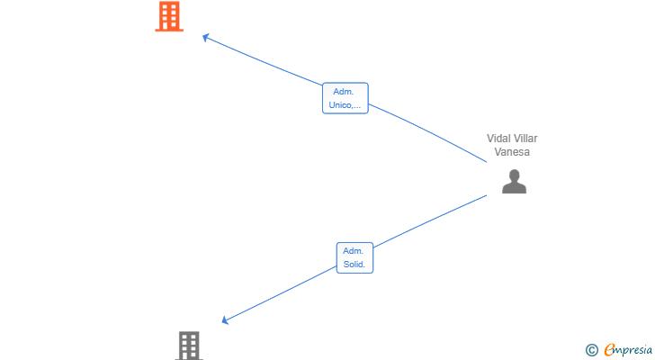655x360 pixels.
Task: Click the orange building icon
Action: [169, 16]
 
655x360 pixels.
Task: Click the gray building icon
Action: [189, 346]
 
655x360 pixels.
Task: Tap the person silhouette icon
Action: [514, 181]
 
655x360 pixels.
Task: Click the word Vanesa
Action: [512, 151]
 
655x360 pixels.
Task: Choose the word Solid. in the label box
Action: [354, 264]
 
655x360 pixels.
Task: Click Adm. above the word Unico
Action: [344, 92]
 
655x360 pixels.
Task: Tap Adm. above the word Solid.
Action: [354, 250]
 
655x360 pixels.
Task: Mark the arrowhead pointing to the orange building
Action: [205, 38]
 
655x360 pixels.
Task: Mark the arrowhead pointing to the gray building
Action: [225, 320]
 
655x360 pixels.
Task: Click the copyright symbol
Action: [592, 350]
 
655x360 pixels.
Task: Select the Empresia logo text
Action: [628, 350]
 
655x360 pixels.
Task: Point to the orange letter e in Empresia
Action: [609, 349]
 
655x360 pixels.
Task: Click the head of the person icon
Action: [515, 175]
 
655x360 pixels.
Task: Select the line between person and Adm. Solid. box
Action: [430, 220]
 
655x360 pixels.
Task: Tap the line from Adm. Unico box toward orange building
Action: [263, 61]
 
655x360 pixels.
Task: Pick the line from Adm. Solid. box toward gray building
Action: [280, 293]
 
